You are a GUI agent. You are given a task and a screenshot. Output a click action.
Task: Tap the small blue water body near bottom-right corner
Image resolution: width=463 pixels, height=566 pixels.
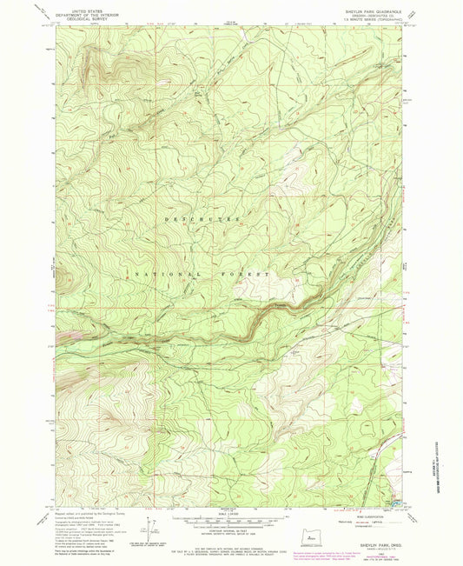[397, 502]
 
